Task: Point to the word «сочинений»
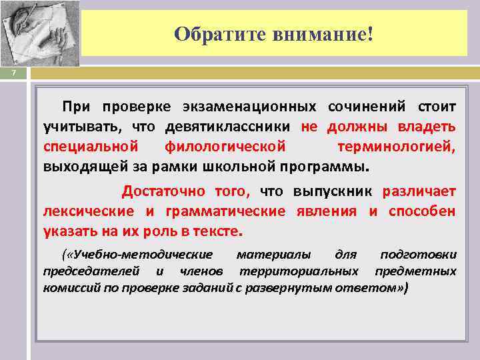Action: tap(369, 107)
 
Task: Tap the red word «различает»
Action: tap(419, 192)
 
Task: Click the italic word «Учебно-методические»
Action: tap(141, 255)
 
